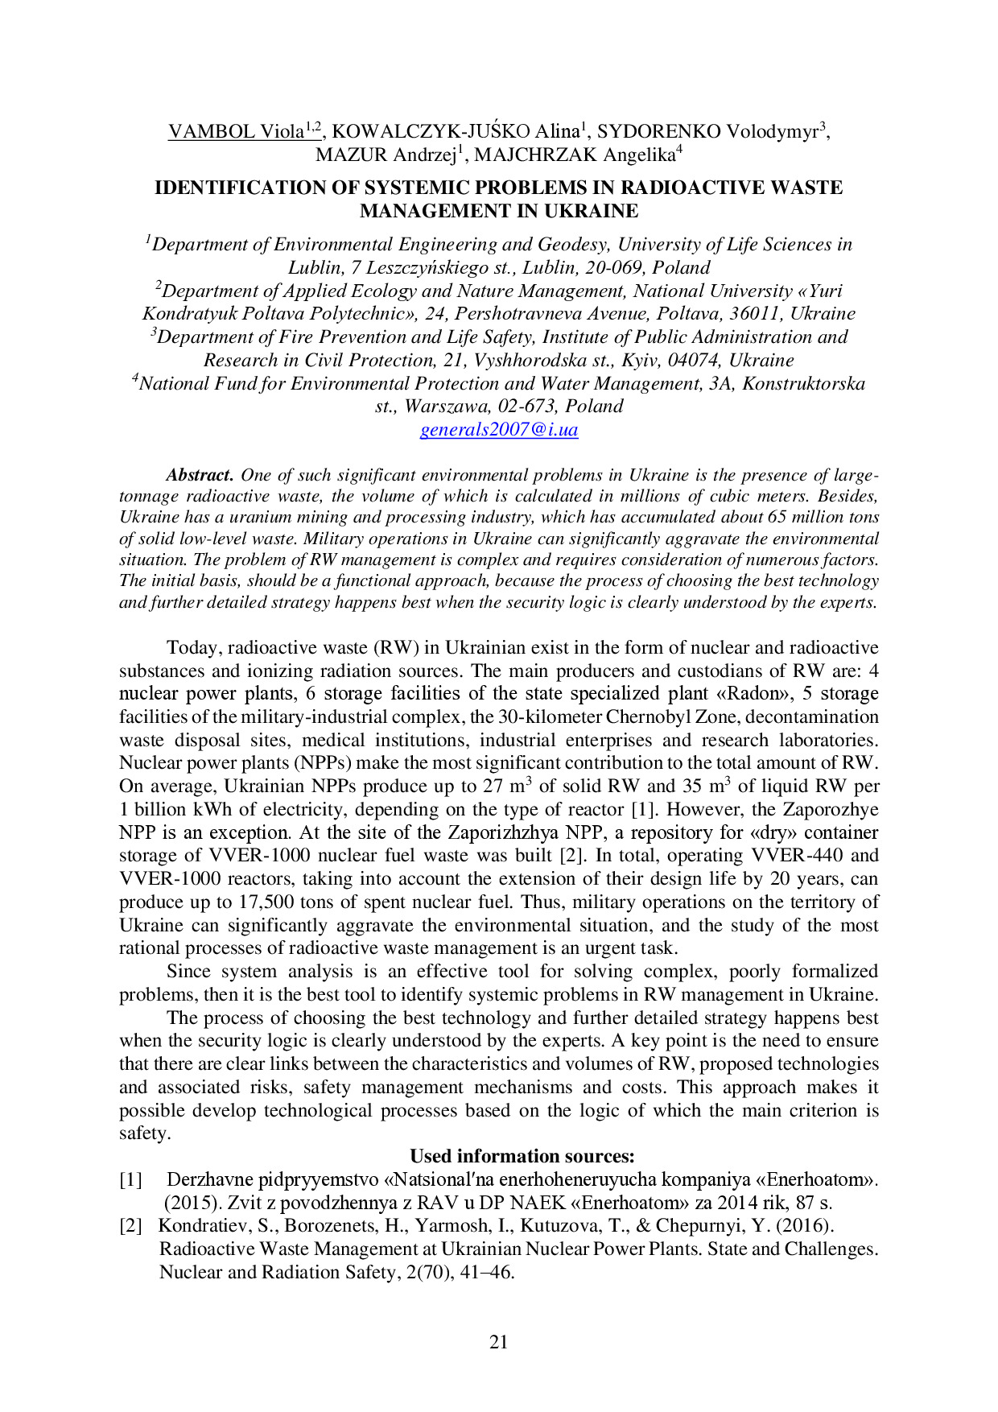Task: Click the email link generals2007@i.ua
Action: click(x=499, y=430)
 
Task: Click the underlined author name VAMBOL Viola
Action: click(x=235, y=131)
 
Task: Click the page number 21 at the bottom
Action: click(x=499, y=1341)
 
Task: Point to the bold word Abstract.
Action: click(x=200, y=475)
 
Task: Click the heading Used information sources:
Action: click(x=522, y=1157)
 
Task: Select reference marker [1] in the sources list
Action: click(x=130, y=1180)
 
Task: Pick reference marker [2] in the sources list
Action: click(x=130, y=1226)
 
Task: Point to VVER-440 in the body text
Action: click(x=795, y=856)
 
